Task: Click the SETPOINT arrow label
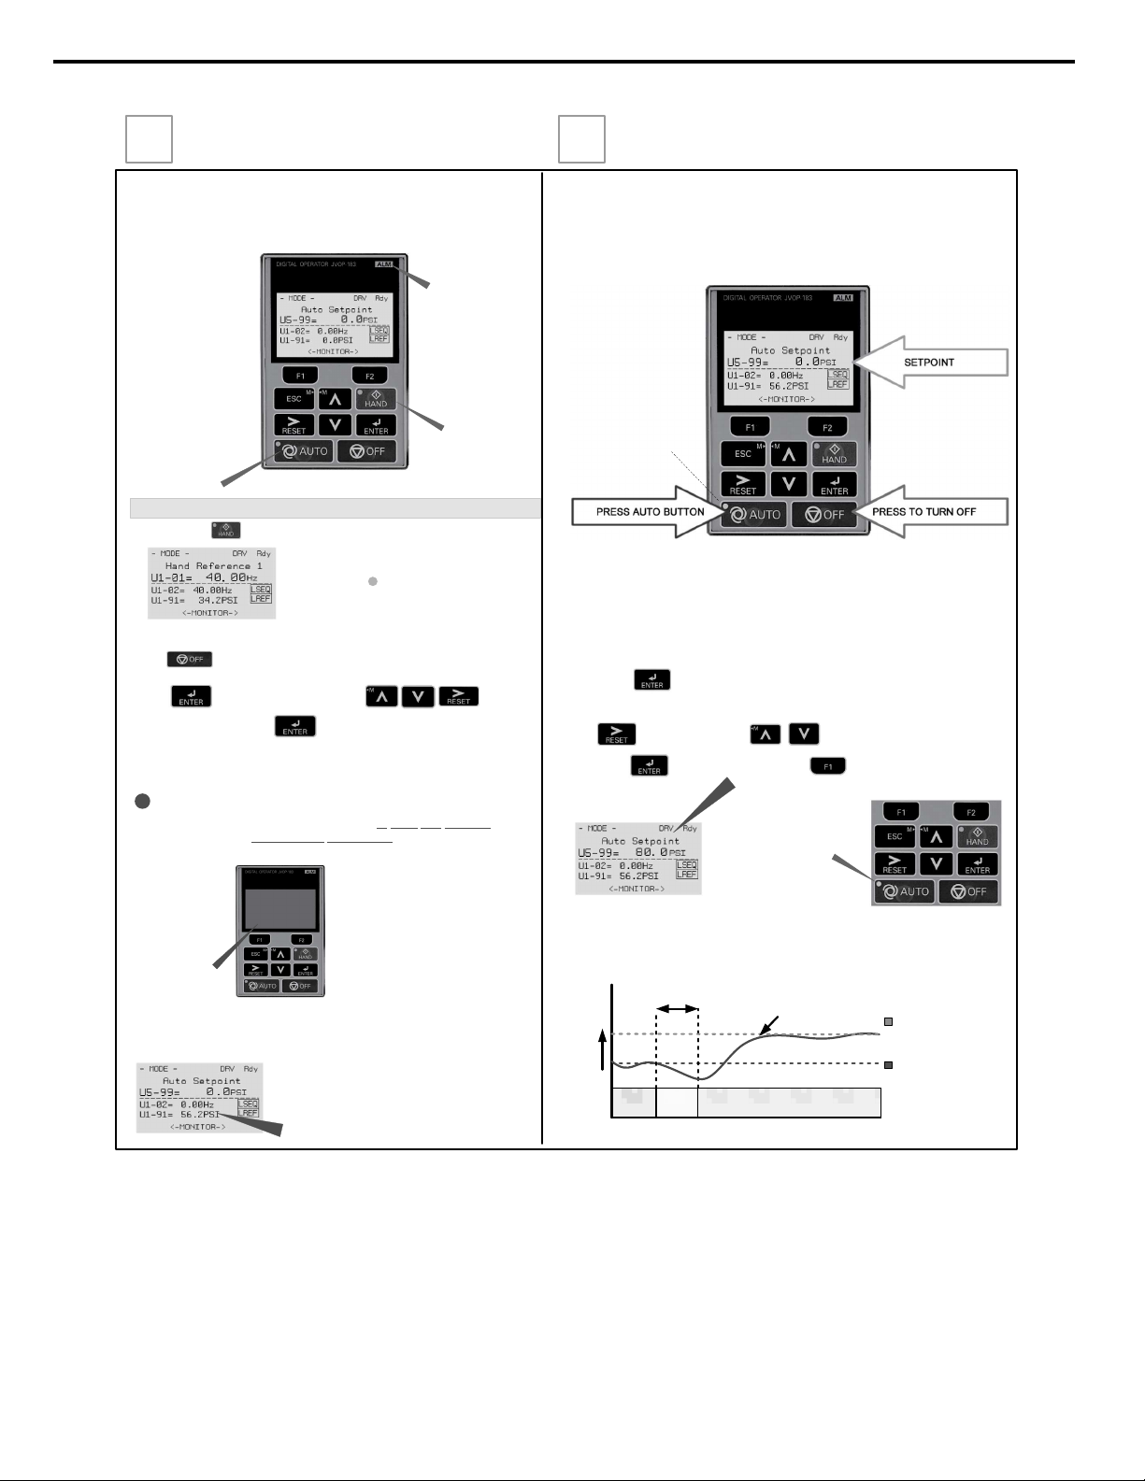click(929, 362)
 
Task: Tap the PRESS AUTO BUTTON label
click(650, 512)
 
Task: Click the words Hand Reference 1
click(214, 565)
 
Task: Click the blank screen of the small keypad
click(279, 909)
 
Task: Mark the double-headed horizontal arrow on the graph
click(678, 1009)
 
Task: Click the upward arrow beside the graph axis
click(603, 1050)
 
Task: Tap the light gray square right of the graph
click(889, 1022)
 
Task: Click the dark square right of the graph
click(889, 1064)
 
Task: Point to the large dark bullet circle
click(142, 802)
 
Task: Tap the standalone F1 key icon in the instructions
click(828, 766)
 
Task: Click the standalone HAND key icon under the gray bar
click(226, 530)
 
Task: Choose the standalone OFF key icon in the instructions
click(190, 659)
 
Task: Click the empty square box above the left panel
click(150, 139)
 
